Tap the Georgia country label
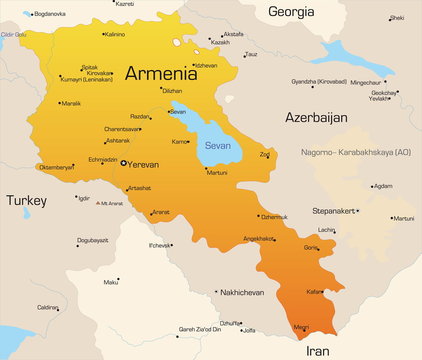coord(289,13)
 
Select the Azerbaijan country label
coord(316,117)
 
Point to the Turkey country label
coord(26,200)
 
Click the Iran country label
coord(316,351)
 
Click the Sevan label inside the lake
coord(218,145)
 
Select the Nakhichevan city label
coord(241,292)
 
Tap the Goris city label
coord(312,247)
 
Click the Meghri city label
coord(299,326)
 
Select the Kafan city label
coord(315,291)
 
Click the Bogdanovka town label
coord(49,14)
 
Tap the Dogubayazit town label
coord(93,240)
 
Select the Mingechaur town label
coord(364,82)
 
